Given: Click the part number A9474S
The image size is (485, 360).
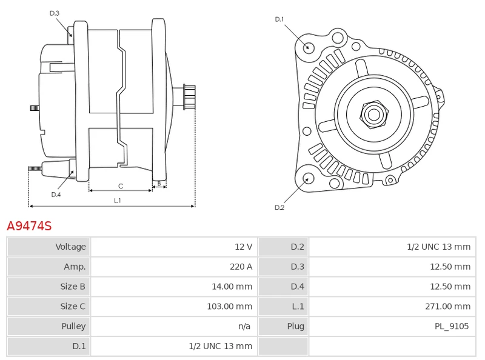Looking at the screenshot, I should tap(29, 226).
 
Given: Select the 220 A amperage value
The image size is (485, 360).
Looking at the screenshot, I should tap(241, 267).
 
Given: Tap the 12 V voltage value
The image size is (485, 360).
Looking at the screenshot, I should tap(243, 247).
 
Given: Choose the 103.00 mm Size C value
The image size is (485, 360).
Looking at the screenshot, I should tap(229, 307).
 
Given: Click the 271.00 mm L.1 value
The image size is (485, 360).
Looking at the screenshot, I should tap(447, 307).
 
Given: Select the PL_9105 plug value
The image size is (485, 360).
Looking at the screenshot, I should tap(452, 327).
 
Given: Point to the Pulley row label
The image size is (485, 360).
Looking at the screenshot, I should tap(73, 327).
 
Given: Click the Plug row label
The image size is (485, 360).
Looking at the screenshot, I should tap(295, 327).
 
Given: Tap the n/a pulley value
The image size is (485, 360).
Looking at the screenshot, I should tap(244, 327).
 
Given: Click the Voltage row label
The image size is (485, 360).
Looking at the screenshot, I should tap(70, 247).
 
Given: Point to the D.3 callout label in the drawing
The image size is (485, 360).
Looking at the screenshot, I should tap(55, 13).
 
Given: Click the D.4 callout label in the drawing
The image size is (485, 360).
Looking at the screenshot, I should tap(56, 195).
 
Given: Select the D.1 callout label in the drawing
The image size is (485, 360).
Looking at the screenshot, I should tap(279, 19).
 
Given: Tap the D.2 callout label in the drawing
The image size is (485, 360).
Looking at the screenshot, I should tap(279, 207).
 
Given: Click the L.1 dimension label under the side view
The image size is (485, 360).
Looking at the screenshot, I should tap(118, 200).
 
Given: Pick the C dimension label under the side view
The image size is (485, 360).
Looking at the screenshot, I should tap(121, 186).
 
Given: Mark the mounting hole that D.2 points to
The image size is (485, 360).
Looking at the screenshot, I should tap(308, 178).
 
